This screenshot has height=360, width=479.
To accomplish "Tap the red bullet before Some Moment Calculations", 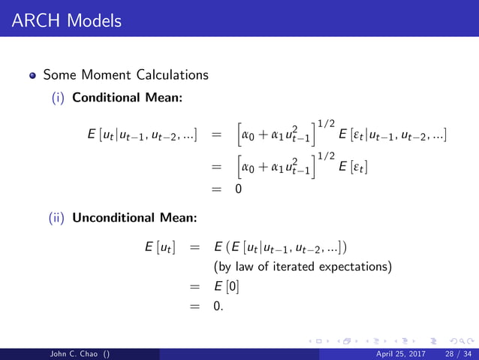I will (33, 76).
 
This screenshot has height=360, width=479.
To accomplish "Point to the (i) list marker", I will (58, 97).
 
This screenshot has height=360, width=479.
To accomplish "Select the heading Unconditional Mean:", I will (135, 219).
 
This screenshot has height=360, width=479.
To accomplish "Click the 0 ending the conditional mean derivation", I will (238, 189).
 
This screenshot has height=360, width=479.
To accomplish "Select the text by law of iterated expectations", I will (303, 266).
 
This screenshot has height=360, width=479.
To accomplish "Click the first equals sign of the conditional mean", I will (216, 136).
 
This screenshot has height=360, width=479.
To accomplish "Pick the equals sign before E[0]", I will (194, 286).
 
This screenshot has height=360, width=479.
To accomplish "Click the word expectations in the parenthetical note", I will (359, 266).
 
